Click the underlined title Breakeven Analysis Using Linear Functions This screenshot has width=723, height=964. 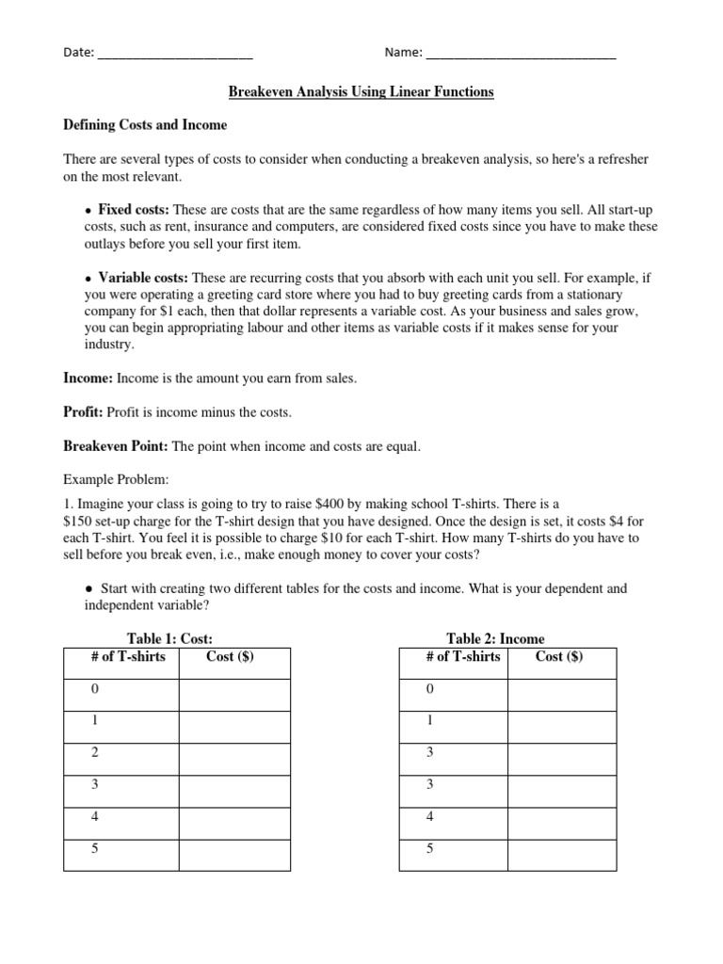[361, 92]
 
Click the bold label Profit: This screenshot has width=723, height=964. [83, 412]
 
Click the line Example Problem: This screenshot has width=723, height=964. [116, 479]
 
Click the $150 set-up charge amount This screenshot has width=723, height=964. [80, 522]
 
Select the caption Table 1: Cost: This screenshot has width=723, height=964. [176, 638]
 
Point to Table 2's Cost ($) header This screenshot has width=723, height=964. [559, 656]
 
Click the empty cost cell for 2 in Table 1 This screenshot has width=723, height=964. [234, 759]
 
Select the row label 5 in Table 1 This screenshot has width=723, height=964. [95, 849]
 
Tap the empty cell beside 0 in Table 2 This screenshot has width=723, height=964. [563, 695]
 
